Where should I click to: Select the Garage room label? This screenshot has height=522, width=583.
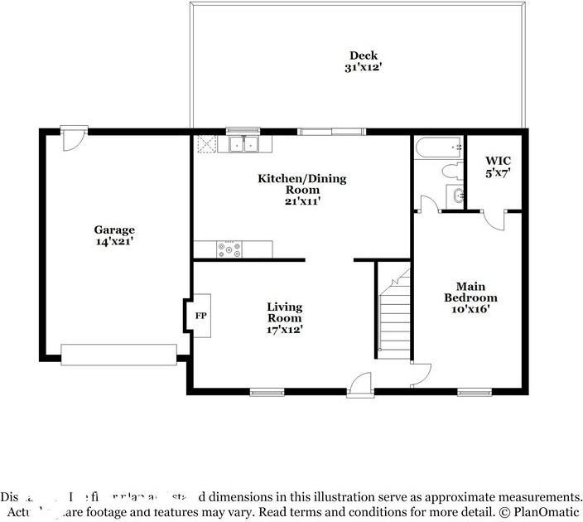click(x=114, y=230)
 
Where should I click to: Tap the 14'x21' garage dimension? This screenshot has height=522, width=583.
click(x=114, y=242)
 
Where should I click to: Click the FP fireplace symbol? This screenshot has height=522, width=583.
click(x=200, y=316)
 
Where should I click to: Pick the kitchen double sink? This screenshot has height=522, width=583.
click(x=243, y=145)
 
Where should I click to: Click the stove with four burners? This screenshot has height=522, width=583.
click(x=229, y=248)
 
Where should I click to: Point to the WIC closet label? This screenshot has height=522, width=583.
click(x=498, y=162)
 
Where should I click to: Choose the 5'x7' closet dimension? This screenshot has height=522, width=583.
click(x=498, y=174)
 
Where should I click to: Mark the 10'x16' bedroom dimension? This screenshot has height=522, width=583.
click(x=470, y=309)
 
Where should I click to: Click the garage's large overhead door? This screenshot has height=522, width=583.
click(x=119, y=355)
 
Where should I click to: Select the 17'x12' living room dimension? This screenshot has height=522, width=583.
click(x=284, y=329)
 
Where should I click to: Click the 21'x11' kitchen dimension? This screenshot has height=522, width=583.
click(x=302, y=201)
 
